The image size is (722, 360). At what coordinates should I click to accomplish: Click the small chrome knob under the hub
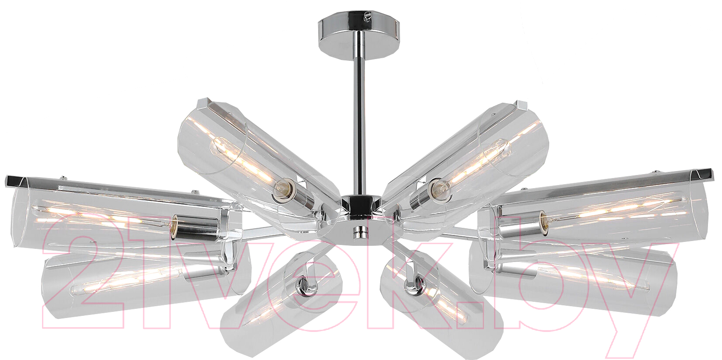click(358, 232)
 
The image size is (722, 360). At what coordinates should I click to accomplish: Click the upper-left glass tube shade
click(258, 161)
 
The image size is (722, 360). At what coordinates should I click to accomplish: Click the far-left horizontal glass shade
click(126, 214)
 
